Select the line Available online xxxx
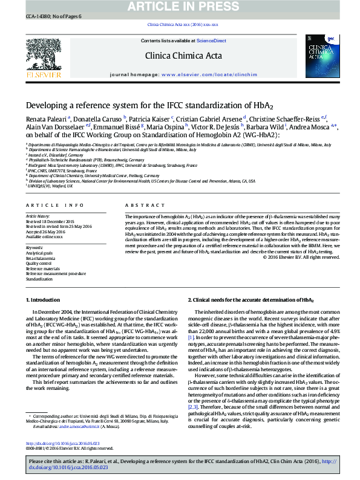pyautogui.click(x=44, y=236)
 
